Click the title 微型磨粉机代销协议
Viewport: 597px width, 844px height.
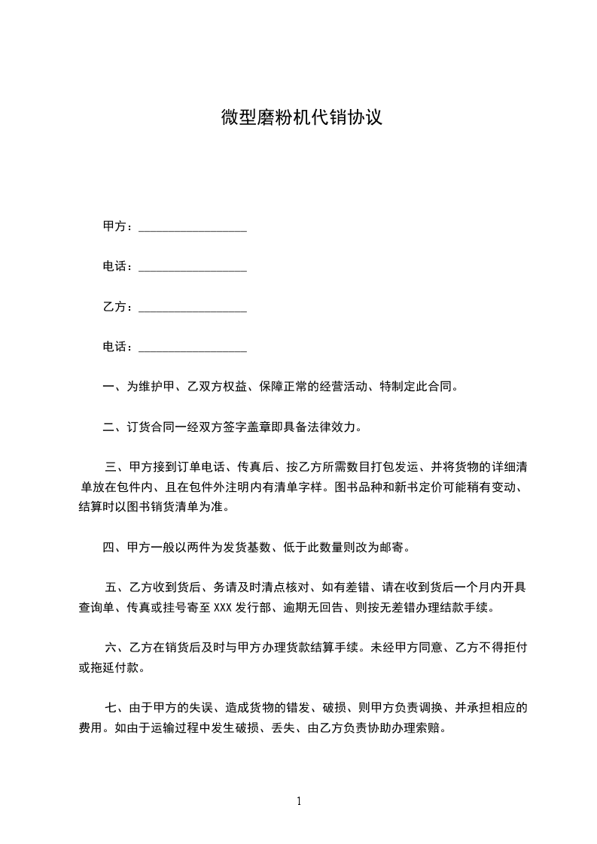click(301, 118)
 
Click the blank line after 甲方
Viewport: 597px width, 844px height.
click(193, 227)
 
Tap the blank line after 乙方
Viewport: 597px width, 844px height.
click(193, 308)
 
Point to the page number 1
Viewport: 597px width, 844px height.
click(299, 801)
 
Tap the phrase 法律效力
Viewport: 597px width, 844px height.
click(337, 428)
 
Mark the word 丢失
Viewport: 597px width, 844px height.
click(287, 728)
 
